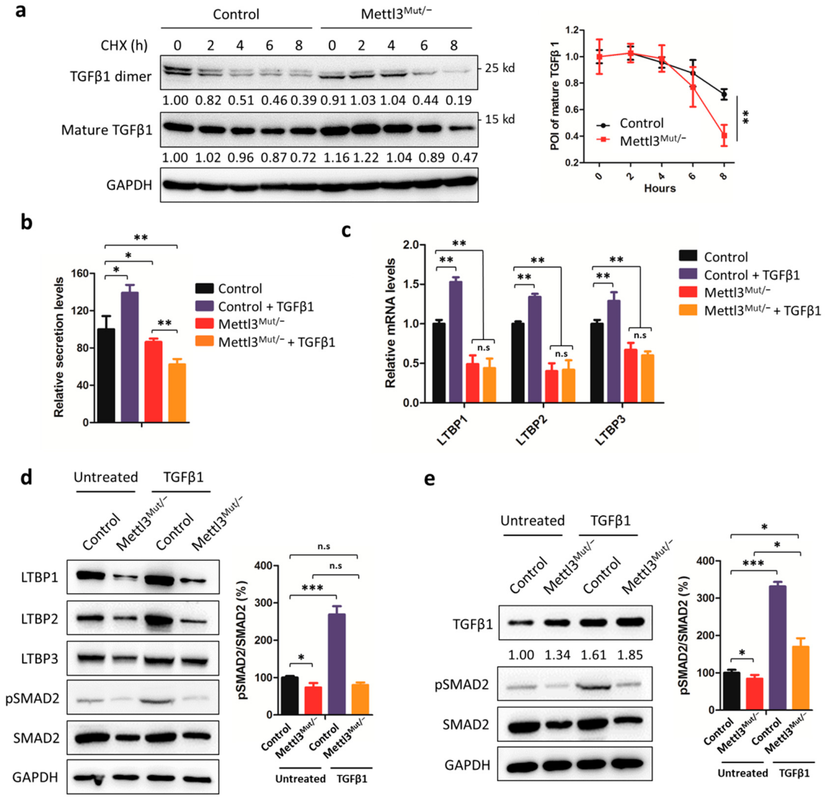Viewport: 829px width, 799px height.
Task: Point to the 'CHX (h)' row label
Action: pyautogui.click(x=124, y=45)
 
